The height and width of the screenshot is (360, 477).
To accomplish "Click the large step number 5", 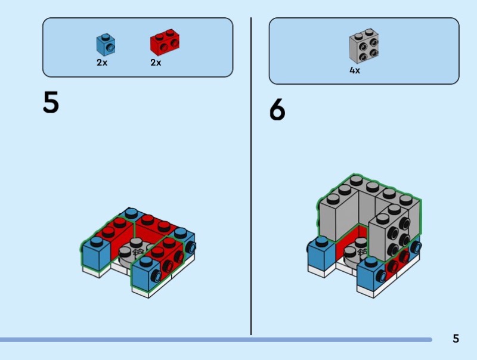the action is tap(51, 103).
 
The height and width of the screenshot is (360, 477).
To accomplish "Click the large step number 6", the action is tap(277, 110).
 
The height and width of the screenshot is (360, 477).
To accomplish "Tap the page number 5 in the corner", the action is tap(456, 339).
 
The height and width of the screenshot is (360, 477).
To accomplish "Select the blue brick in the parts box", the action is tap(106, 45).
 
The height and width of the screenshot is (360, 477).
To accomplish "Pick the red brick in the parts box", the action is tap(165, 42).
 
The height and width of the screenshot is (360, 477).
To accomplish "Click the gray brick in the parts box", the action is tap(364, 46).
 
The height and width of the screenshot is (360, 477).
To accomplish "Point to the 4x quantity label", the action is tap(355, 70).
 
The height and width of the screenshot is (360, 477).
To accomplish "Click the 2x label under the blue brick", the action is tap(102, 63).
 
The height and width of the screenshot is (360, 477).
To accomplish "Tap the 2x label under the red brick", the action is tap(156, 63).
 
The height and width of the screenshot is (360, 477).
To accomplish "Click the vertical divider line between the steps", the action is tap(251, 176).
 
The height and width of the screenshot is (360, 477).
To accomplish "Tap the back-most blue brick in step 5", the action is tap(131, 213).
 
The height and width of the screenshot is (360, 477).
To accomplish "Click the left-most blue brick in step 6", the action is tap(321, 253).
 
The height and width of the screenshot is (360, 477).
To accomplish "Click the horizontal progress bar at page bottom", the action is tap(216, 340).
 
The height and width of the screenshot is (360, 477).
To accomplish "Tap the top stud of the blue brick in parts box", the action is tap(106, 37).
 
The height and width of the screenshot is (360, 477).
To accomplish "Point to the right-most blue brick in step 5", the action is tap(185, 241).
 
